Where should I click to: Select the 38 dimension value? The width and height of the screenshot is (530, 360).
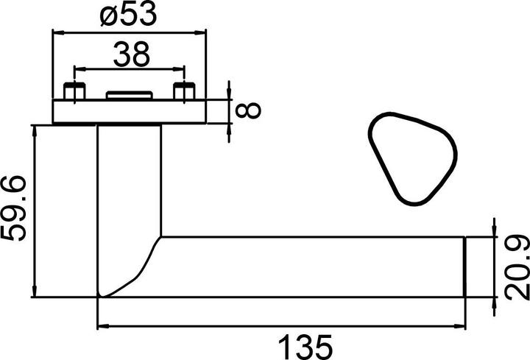(x=131, y=54)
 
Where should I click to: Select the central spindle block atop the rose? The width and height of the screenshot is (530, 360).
(x=130, y=96)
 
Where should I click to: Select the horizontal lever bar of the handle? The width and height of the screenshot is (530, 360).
(x=309, y=267)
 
